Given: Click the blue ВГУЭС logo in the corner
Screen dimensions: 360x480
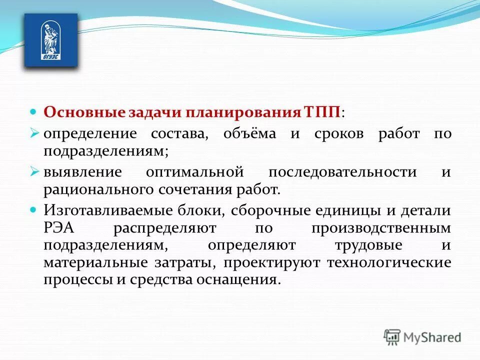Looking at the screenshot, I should point(51,40).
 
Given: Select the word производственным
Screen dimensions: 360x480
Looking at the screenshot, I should point(381,228).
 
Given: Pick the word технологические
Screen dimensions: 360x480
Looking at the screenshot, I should point(389,262).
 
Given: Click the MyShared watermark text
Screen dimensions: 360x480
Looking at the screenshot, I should point(432,337).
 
